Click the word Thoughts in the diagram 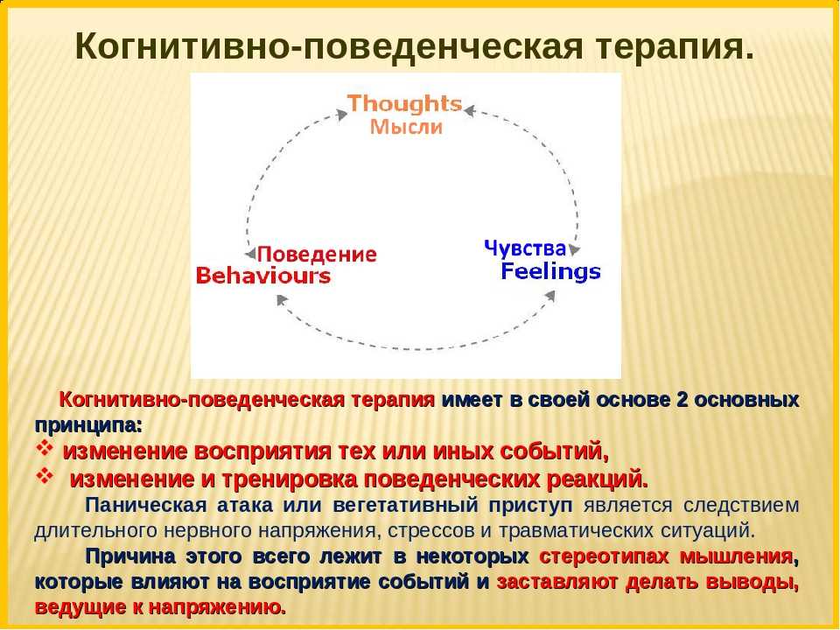(x=404, y=104)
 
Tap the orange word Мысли (x=407, y=127)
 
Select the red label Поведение (x=317, y=254)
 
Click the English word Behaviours (x=263, y=276)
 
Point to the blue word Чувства (x=525, y=248)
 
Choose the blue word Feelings (x=550, y=271)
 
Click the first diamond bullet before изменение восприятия (x=45, y=447)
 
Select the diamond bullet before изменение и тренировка (x=45, y=474)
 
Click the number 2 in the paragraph (x=682, y=400)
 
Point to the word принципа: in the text (x=89, y=426)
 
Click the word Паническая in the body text (x=146, y=505)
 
